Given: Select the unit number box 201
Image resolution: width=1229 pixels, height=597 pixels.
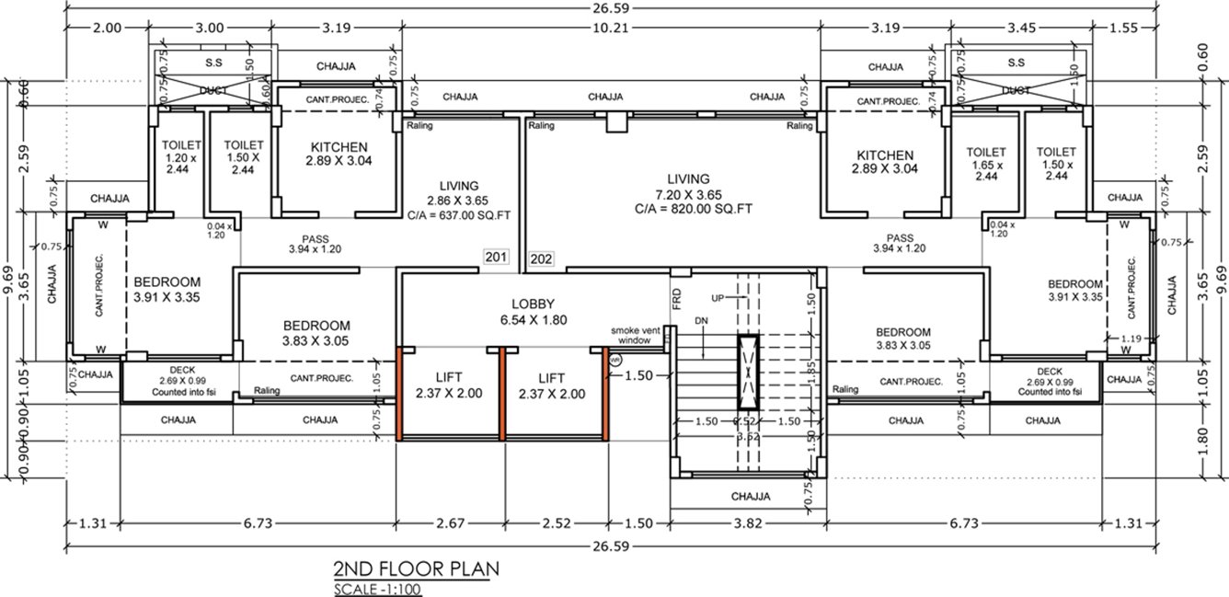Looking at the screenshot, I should [496, 258].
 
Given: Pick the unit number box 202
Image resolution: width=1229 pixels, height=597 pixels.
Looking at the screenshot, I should [542, 259].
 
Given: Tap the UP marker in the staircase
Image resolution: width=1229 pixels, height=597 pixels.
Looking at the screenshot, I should [718, 298].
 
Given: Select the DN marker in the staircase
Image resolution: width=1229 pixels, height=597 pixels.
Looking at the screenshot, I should [701, 320].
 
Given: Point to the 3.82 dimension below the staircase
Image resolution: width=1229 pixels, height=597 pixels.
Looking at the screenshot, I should [751, 523].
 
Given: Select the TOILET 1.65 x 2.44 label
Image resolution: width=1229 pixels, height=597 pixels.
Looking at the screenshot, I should [986, 163].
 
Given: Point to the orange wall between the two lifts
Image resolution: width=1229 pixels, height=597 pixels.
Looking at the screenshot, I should [501, 393].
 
